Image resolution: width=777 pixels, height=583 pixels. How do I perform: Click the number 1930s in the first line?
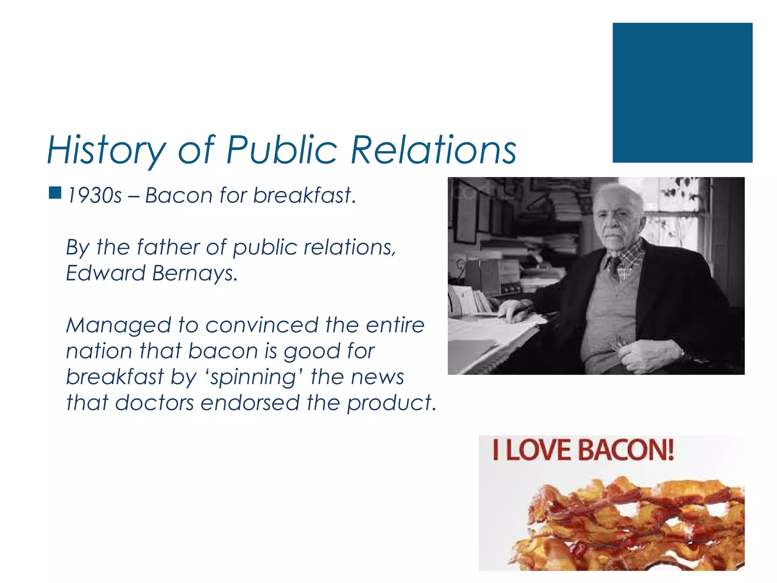coord(94,196)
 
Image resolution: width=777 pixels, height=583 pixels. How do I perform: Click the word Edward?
coord(105,273)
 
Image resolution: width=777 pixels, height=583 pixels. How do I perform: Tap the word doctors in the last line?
coord(154,403)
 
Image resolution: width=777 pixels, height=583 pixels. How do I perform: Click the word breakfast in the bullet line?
coord(304,196)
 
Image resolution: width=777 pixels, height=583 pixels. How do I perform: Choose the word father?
coord(168,247)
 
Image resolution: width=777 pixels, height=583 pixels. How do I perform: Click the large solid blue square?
coord(682,93)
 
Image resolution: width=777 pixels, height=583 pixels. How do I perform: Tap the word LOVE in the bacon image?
coord(538,450)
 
